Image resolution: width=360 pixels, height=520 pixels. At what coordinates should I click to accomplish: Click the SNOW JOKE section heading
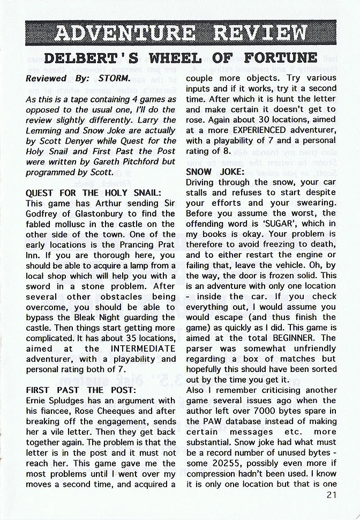[215, 172]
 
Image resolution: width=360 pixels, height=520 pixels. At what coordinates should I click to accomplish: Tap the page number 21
[330, 495]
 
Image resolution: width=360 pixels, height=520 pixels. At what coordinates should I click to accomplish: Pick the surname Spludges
[66, 400]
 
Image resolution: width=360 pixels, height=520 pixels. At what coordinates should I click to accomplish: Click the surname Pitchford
[132, 161]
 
